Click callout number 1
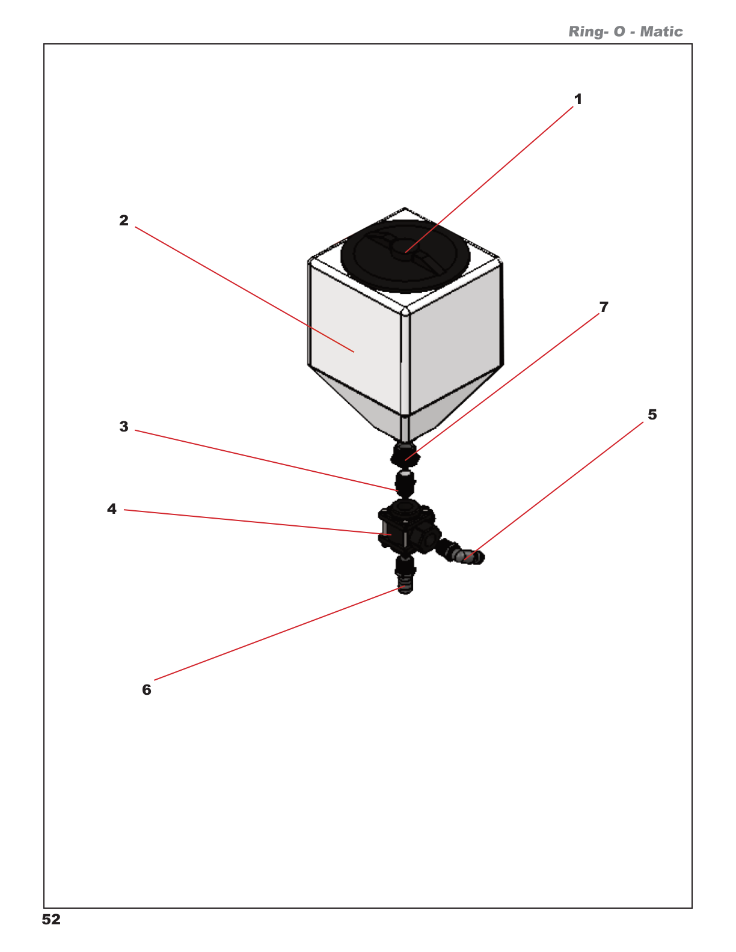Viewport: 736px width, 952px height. click(578, 99)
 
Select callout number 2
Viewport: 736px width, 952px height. click(124, 221)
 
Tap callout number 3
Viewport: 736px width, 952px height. click(124, 427)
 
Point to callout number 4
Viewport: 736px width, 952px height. click(112, 509)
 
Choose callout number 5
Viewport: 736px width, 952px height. click(652, 415)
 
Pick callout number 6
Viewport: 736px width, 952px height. click(147, 690)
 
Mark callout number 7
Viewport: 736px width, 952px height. click(604, 307)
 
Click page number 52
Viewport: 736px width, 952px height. click(51, 920)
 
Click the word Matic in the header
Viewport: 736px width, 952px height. click(661, 32)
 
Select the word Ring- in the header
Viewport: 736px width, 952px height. click(587, 32)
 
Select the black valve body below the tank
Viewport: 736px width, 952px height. click(403, 529)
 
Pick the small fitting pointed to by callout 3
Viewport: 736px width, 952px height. click(405, 483)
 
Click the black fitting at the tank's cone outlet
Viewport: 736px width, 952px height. click(405, 454)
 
